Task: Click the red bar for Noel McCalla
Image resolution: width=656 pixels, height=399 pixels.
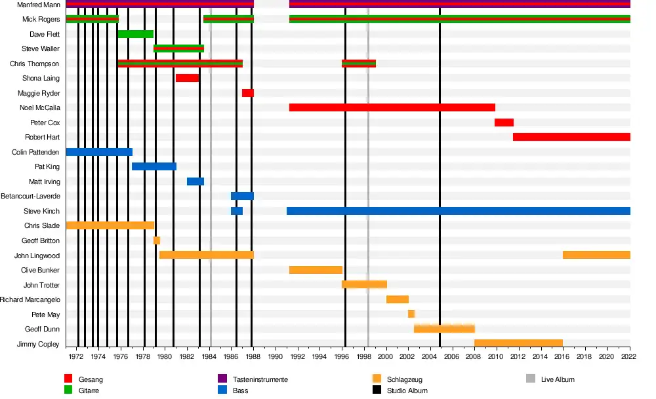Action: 392,107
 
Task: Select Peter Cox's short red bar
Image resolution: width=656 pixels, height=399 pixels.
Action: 504,123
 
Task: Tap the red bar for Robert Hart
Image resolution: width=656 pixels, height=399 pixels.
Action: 571,137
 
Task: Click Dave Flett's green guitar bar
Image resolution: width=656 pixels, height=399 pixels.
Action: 135,34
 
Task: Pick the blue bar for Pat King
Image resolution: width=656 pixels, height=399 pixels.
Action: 154,166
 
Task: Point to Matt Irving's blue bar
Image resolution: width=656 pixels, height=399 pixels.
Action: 195,181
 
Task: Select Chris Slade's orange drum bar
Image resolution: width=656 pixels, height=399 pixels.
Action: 110,225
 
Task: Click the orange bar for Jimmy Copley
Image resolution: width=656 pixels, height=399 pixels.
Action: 518,343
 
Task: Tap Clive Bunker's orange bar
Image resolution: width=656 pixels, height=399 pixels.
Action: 316,270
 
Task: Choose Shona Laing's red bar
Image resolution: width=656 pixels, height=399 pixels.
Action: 187,78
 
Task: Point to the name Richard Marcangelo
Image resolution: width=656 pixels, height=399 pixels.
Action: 30,299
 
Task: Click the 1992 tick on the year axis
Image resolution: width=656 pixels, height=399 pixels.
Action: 297,357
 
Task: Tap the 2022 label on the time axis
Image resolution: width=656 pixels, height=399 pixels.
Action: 629,357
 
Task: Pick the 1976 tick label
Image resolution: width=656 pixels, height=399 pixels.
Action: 120,357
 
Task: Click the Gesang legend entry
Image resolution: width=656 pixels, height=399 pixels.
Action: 91,379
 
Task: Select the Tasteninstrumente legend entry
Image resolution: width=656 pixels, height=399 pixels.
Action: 260,379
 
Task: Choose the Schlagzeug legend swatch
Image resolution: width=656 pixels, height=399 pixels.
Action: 377,379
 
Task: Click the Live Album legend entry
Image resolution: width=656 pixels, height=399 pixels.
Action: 557,379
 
